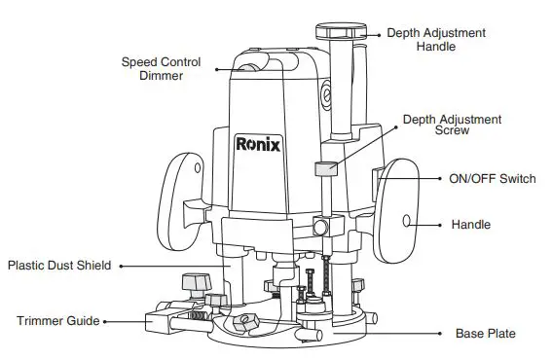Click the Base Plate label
(485, 334)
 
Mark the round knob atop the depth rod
(345, 30)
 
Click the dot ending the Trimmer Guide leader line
(105, 320)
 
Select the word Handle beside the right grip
(470, 225)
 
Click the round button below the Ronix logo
(319, 228)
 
